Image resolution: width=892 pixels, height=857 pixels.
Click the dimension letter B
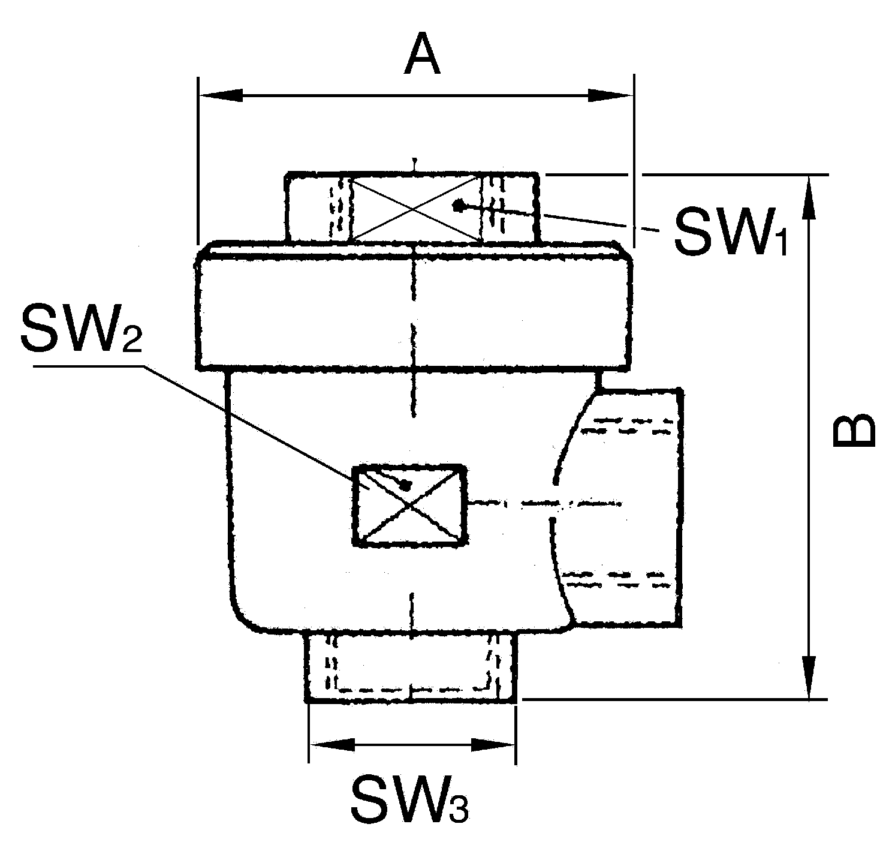[x=854, y=431]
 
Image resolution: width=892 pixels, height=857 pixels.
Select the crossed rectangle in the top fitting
[x=415, y=208]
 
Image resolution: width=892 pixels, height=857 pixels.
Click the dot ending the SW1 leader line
[x=459, y=205]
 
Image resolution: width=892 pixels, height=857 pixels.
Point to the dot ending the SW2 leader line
[x=406, y=484]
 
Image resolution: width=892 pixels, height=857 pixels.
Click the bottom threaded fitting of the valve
[x=411, y=667]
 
